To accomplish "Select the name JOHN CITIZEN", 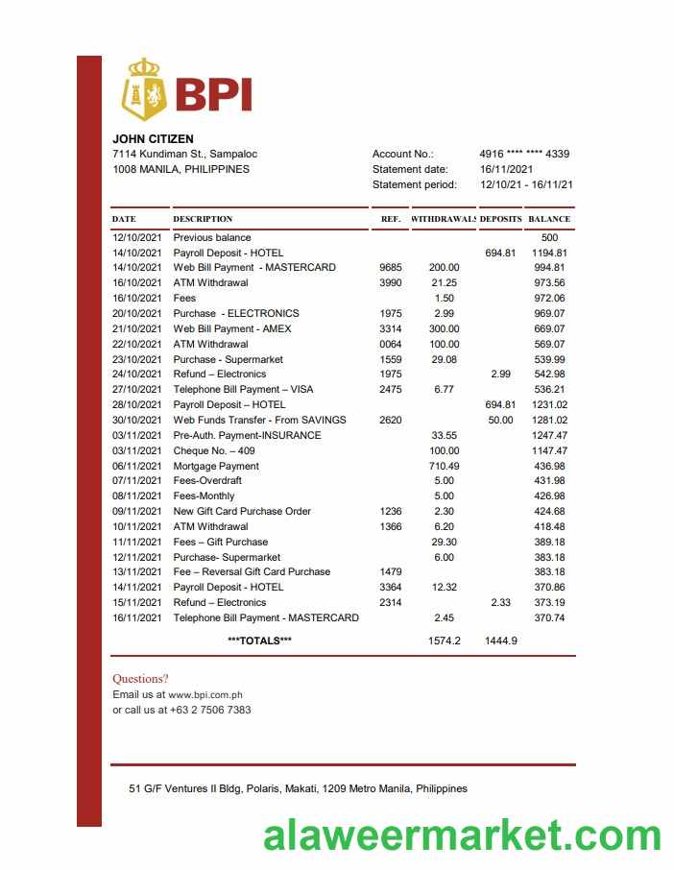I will pos(153,139).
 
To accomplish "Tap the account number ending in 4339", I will pos(523,154).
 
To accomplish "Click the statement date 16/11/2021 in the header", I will pos(506,169).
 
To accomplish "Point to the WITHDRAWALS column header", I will pos(444,219).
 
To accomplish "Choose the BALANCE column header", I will pos(549,219).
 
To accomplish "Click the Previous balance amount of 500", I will pos(549,237).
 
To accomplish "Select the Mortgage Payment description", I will pos(216,466).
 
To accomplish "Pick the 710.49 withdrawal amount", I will pos(444,466).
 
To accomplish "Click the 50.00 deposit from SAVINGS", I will pos(500,420).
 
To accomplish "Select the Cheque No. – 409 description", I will pos(214,450).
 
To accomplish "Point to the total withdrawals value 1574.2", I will pos(444,640).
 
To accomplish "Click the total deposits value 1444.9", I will pos(500,640).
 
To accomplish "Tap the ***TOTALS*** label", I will pos(259,640).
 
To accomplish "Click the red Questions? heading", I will pos(140,679).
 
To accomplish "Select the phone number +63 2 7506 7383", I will pos(210,710).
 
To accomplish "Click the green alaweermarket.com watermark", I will pos(462,835).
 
